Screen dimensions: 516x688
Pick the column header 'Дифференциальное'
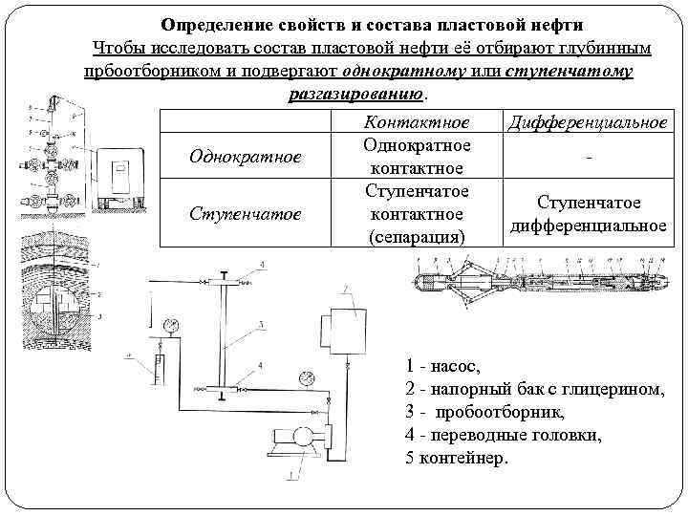click(x=588, y=123)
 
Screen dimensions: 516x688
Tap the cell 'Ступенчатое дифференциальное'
click(x=588, y=214)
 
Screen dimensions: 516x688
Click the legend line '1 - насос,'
click(x=446, y=366)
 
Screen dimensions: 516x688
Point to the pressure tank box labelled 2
click(x=351, y=325)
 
